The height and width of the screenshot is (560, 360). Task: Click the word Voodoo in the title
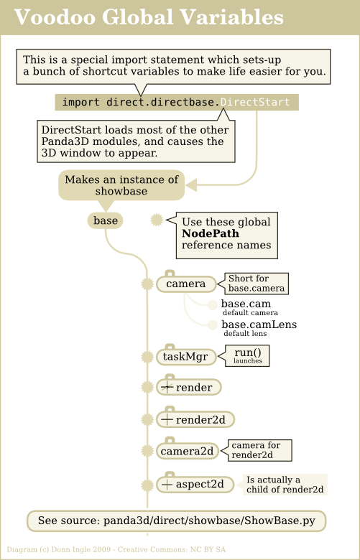pyautogui.click(x=55, y=17)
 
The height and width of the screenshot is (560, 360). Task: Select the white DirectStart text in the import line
pyautogui.click(x=255, y=102)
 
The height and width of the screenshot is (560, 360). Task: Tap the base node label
pyautogui.click(x=105, y=220)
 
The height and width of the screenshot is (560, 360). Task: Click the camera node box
pyautogui.click(x=186, y=284)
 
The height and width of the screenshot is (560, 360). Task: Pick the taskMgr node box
pyautogui.click(x=186, y=357)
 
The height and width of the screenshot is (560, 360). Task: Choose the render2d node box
pyautogui.click(x=195, y=420)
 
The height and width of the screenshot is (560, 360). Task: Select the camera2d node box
pyautogui.click(x=188, y=451)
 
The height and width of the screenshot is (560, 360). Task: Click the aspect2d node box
pyautogui.click(x=195, y=485)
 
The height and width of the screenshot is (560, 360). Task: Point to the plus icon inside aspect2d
pyautogui.click(x=167, y=485)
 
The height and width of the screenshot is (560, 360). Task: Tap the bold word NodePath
pyautogui.click(x=211, y=233)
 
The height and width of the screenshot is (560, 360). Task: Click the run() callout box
pyautogui.click(x=247, y=355)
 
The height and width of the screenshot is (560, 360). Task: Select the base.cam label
pyautogui.click(x=246, y=304)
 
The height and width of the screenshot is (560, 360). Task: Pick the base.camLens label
pyautogui.click(x=259, y=325)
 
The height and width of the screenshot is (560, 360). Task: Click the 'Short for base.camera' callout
pyautogui.click(x=257, y=284)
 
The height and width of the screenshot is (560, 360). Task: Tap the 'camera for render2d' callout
pyautogui.click(x=260, y=450)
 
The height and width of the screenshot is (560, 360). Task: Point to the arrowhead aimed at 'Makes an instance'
pyautogui.click(x=191, y=185)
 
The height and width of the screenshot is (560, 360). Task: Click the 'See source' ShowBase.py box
pyautogui.click(x=177, y=521)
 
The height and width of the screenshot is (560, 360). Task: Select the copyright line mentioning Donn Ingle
pyautogui.click(x=116, y=550)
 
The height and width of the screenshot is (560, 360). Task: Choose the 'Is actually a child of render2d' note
pyautogui.click(x=285, y=485)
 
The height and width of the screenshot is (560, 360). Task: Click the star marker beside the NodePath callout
pyautogui.click(x=157, y=220)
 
